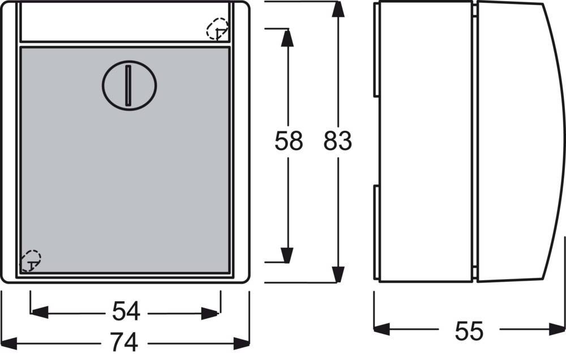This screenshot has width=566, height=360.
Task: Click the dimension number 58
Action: [289, 140]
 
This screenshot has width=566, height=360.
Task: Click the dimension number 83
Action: [337, 140]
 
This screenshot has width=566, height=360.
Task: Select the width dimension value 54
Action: [126, 311]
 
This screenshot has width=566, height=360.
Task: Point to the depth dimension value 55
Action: [469, 331]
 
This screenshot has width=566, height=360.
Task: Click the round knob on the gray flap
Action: [129, 85]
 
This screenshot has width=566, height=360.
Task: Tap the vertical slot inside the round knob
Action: [128, 85]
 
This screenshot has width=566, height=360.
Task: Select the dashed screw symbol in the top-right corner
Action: [218, 29]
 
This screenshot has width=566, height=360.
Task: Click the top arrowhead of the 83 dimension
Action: [337, 9]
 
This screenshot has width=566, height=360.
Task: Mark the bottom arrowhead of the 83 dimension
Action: [337, 275]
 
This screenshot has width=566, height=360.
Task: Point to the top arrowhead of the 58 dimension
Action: [288, 37]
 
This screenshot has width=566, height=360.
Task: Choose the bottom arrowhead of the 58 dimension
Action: [288, 255]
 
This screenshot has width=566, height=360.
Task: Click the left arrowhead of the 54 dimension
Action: [40, 312]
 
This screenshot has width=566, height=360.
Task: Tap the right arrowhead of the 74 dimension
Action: [242, 343]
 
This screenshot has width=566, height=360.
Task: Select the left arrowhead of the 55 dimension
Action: [382, 329]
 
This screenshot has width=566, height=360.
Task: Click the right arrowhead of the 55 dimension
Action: [556, 329]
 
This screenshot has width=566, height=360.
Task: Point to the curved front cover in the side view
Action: [520, 142]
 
